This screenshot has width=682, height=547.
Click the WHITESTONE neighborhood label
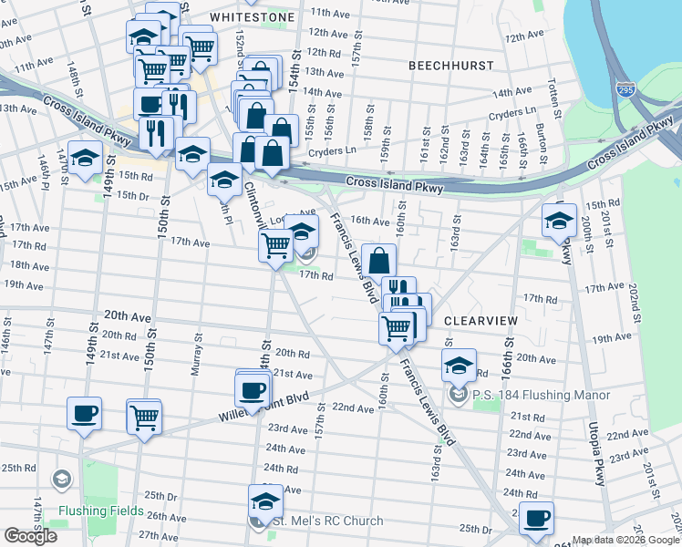(253, 17)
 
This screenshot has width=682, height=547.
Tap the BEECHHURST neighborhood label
(450, 67)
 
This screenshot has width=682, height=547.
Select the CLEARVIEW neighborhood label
(480, 322)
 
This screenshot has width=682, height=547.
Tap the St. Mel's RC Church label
(325, 521)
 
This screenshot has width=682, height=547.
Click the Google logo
(30, 536)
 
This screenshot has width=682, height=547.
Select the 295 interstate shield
(625, 90)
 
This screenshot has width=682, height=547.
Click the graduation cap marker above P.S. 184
(460, 366)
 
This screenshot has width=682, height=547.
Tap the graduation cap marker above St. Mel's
(266, 501)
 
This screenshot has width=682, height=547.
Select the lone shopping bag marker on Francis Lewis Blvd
(378, 261)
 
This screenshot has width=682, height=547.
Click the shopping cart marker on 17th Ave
(275, 244)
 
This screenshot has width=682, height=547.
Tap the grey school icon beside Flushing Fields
(62, 480)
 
